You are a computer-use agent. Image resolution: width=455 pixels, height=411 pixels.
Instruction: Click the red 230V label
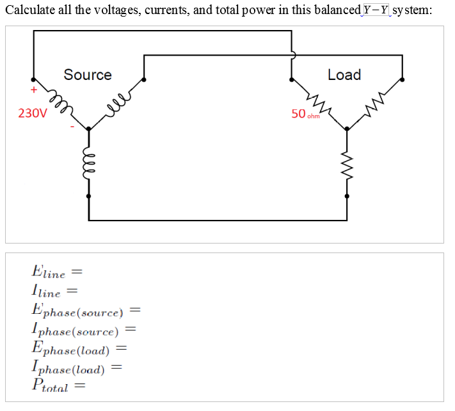click(32, 114)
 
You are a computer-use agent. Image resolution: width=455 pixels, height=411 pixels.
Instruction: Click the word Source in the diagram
click(88, 75)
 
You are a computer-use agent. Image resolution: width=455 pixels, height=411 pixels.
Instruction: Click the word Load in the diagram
click(344, 75)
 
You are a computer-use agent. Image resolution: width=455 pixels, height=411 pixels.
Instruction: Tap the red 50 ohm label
click(305, 114)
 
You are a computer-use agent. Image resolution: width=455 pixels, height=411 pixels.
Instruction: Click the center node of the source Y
click(88, 128)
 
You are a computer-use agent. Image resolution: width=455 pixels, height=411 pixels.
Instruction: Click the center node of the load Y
click(347, 128)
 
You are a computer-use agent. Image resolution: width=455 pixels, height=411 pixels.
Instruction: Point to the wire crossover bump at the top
click(293, 55)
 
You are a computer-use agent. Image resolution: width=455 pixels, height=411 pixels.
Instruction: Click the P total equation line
click(58, 385)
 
